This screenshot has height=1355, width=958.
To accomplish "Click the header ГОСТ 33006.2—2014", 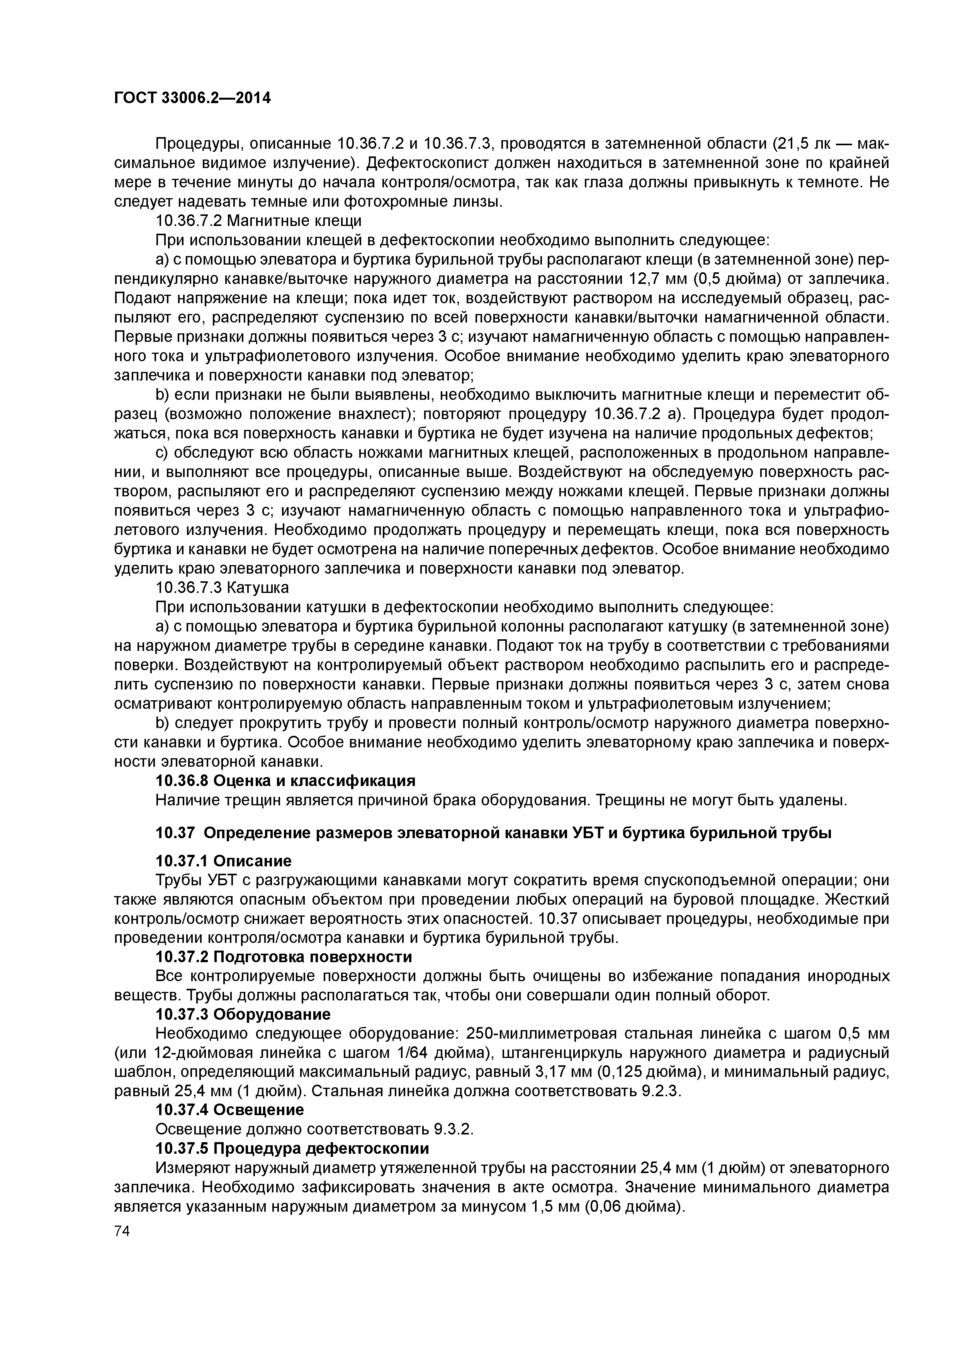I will [192, 98].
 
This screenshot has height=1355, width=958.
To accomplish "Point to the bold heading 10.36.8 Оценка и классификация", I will [285, 780].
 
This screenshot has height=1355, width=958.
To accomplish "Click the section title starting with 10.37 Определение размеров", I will [493, 833].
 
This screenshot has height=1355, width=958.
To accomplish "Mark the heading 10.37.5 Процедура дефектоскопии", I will [292, 1148].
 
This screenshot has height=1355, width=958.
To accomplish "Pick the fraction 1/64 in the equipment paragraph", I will [416, 1053].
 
